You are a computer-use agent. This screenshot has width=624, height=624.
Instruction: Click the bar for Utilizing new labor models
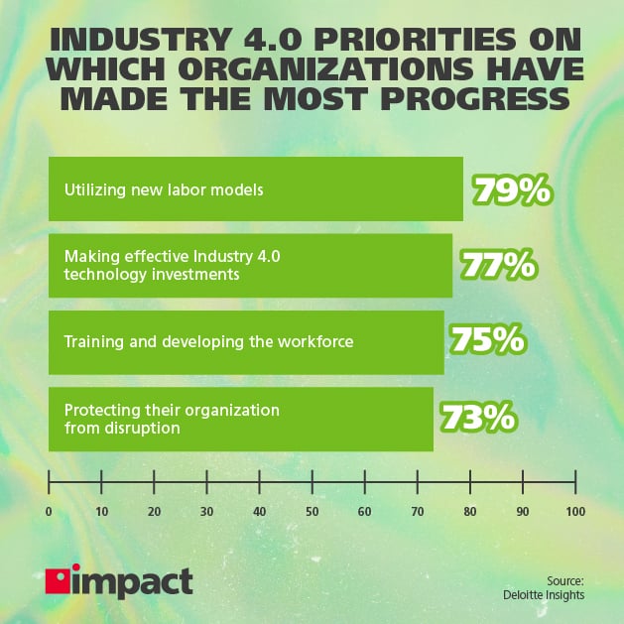(256, 188)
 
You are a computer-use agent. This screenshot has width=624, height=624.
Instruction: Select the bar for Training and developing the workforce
(246, 342)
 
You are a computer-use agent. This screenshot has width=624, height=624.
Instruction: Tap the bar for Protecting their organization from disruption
(241, 419)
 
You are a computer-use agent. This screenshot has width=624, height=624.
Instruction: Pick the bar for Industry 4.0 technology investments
(250, 265)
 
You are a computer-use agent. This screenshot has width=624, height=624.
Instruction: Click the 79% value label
(512, 188)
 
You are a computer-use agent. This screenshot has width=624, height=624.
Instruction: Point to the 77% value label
(498, 265)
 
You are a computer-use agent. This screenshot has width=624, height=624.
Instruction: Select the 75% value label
(487, 341)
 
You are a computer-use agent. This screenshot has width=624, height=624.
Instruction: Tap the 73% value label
(477, 418)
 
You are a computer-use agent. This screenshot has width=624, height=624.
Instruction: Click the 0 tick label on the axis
(49, 511)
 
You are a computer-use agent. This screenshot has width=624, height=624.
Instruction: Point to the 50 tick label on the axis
(312, 511)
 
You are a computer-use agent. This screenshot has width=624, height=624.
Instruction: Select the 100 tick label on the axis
(574, 511)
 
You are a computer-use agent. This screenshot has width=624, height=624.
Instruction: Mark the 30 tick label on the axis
(206, 511)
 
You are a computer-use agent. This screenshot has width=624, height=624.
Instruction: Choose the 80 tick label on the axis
(469, 511)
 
